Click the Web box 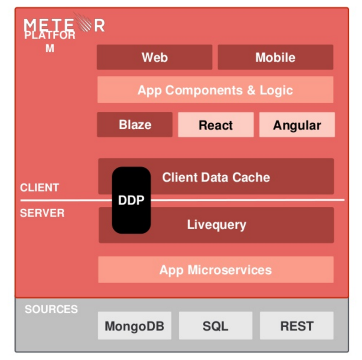coord(154,57)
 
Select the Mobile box coord(275,57)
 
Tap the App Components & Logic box coord(215,90)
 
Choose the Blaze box coord(135,124)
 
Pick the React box coord(216,125)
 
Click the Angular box coord(297,125)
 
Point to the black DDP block coord(131,200)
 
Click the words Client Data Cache coord(216,177)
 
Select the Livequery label coord(216,224)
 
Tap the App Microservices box coord(216,270)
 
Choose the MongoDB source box coord(134,326)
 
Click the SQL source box coord(215,326)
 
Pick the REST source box coord(296,326)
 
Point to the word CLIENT coord(40,187)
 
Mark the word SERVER coord(42,213)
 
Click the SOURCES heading coord(51,309)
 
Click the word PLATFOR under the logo coord(50,35)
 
